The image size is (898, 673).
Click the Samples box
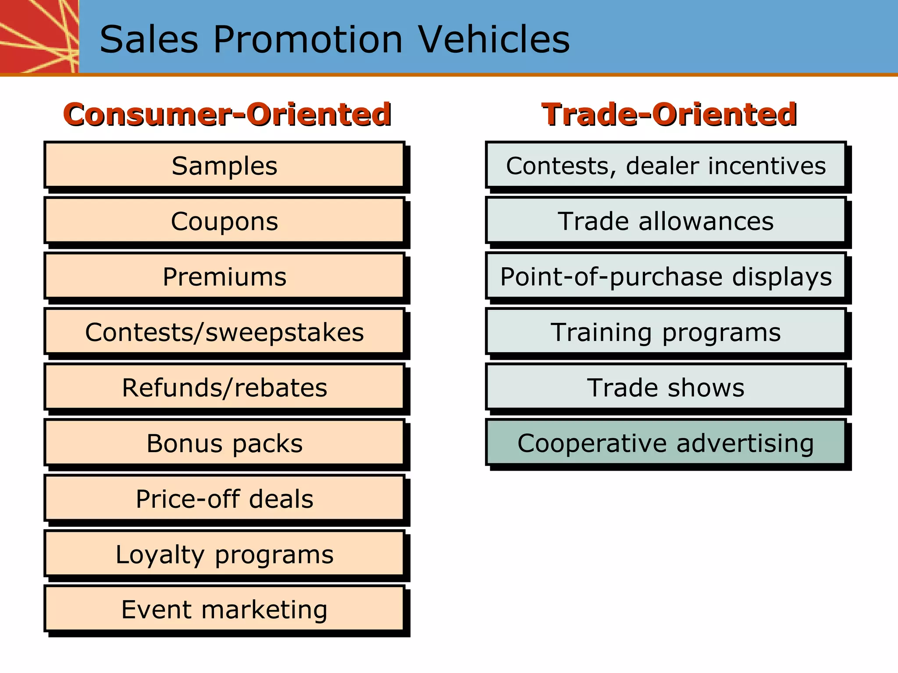[x=224, y=166]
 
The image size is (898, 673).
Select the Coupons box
[x=224, y=221]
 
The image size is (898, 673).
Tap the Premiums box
[x=224, y=276]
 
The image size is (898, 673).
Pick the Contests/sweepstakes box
[x=224, y=332]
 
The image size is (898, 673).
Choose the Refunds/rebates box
[x=224, y=387]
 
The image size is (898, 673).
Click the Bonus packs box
[x=224, y=443]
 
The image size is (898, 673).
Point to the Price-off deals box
[x=224, y=499]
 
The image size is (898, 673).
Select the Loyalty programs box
[x=224, y=554]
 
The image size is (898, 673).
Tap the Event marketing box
[x=224, y=609]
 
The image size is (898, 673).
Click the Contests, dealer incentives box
[x=666, y=166]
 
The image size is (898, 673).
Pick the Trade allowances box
[x=666, y=221]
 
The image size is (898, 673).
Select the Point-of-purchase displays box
[x=666, y=276]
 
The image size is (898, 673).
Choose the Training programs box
[x=666, y=332]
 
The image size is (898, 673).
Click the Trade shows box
[x=666, y=387]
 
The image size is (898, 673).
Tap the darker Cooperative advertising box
[x=666, y=443]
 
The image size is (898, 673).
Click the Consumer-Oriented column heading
[x=227, y=114]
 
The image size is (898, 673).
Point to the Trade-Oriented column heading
[x=669, y=114]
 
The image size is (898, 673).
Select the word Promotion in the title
[x=308, y=39]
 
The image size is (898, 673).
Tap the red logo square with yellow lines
[x=39, y=36]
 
